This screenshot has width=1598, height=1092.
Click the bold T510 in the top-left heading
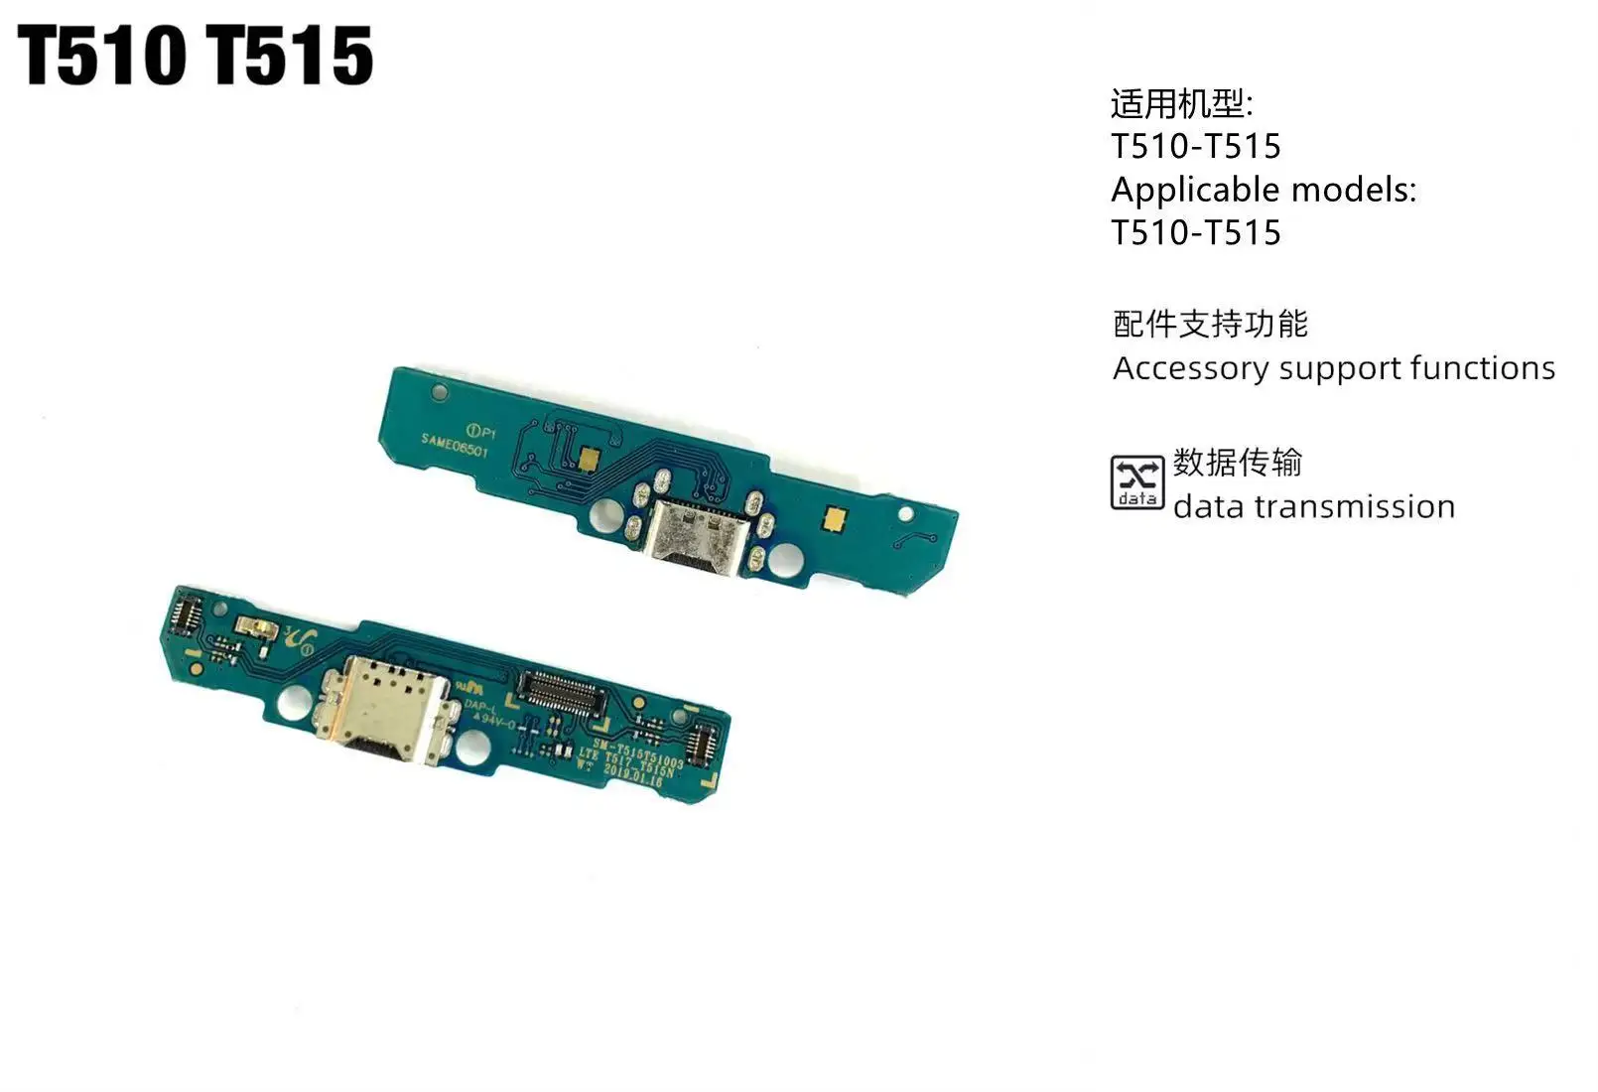pos(102,56)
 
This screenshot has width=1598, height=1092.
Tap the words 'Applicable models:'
pos(1263,190)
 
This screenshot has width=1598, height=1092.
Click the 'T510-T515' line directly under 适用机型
pos(1196,147)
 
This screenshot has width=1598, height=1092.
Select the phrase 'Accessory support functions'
pos(1333,368)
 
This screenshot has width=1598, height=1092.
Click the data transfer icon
pos(1136,482)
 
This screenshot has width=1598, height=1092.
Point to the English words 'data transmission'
pos(1313,507)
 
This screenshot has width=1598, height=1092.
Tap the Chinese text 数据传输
pos(1237,463)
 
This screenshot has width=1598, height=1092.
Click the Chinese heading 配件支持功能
pos(1210,324)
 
